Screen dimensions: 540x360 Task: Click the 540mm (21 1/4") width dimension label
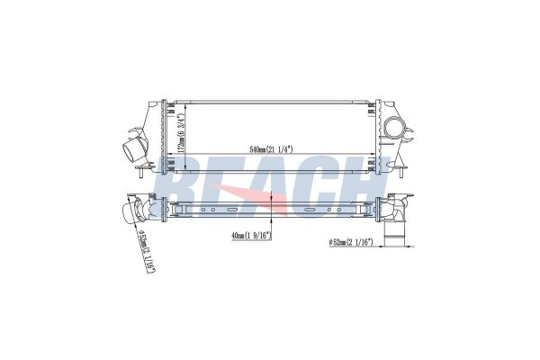coord(271,149)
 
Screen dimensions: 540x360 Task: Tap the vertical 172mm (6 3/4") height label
coord(182,132)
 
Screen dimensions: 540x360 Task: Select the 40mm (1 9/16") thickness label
coord(252,236)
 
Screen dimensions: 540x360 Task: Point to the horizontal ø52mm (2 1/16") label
coord(352,242)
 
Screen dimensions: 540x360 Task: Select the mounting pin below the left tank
coord(141,172)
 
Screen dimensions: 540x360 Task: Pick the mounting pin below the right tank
coord(401,172)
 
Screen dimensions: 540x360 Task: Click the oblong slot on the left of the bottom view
coord(232,210)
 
